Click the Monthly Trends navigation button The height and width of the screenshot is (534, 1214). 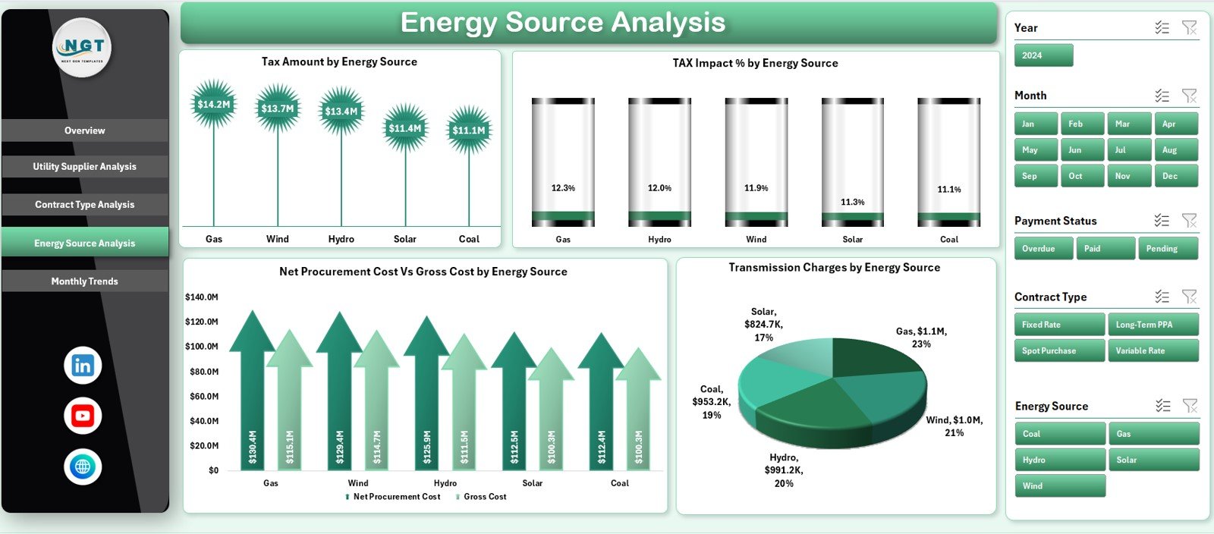pyautogui.click(x=84, y=281)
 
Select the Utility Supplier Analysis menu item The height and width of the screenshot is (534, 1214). pyautogui.click(x=84, y=167)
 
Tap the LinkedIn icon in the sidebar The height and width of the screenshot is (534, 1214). pyautogui.click(x=83, y=366)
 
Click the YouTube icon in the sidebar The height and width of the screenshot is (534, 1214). pyautogui.click(x=83, y=416)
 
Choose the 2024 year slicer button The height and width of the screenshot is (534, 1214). pyautogui.click(x=1043, y=55)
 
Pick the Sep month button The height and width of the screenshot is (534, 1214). pyautogui.click(x=1035, y=176)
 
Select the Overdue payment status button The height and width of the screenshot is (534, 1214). pyautogui.click(x=1043, y=249)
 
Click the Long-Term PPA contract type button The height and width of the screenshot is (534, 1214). pyautogui.click(x=1153, y=325)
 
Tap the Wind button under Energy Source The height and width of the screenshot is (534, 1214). pyautogui.click(x=1059, y=486)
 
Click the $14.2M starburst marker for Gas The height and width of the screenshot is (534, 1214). pyautogui.click(x=213, y=105)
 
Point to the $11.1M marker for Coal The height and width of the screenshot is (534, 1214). pyautogui.click(x=469, y=130)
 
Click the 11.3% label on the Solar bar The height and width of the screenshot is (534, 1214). pyautogui.click(x=852, y=203)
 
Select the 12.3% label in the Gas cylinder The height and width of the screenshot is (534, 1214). pyautogui.click(x=563, y=188)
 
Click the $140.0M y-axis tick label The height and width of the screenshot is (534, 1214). pyautogui.click(x=202, y=297)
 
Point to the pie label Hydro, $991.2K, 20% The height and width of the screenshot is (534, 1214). pyautogui.click(x=783, y=470)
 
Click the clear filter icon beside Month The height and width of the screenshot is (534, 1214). pyautogui.click(x=1189, y=96)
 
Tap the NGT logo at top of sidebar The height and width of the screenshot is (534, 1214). pyautogui.click(x=83, y=47)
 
